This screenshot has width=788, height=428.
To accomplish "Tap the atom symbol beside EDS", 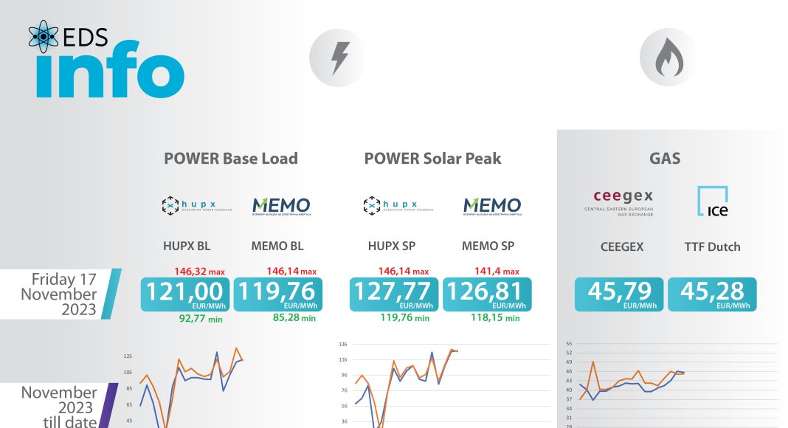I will [x=44, y=36].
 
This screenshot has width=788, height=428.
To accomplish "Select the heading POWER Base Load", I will [x=231, y=158].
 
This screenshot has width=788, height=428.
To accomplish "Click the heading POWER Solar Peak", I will [x=432, y=158].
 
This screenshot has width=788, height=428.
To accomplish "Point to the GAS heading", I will [x=665, y=158].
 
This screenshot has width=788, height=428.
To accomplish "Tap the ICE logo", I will [x=712, y=201].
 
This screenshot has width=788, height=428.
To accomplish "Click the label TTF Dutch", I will [x=712, y=246].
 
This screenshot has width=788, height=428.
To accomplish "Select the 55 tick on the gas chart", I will [x=568, y=344].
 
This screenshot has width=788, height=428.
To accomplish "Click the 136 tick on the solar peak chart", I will [x=343, y=344].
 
